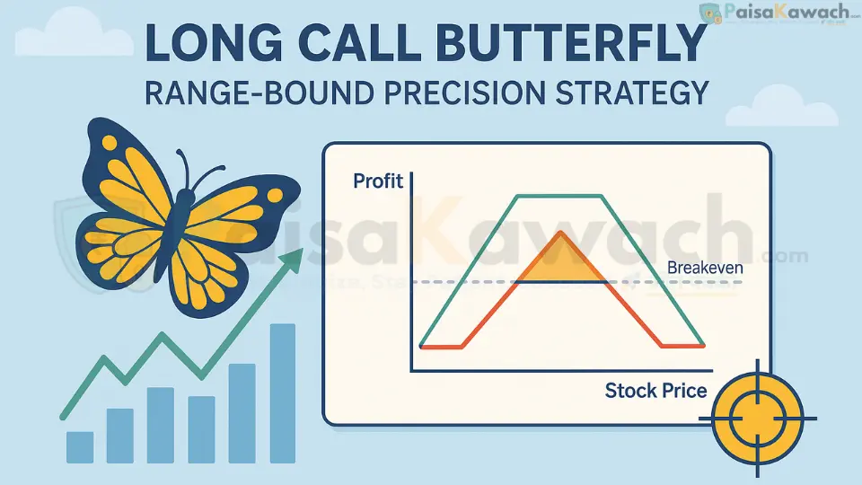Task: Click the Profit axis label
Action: [x=378, y=181]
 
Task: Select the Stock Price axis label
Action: [x=655, y=391]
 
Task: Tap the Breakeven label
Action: [x=706, y=267]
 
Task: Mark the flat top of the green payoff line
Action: [x=559, y=196]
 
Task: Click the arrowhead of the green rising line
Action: [x=292, y=260]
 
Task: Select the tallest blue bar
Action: [x=283, y=393]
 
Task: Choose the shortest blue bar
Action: [x=80, y=446]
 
